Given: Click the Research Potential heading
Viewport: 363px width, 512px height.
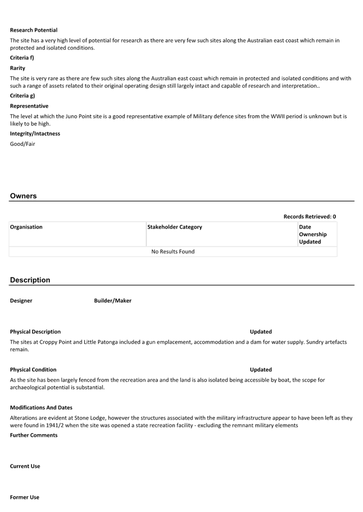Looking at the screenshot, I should click(34, 30).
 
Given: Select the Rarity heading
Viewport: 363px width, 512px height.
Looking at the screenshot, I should click(17, 68).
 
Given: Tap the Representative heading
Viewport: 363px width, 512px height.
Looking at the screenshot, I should click(29, 106).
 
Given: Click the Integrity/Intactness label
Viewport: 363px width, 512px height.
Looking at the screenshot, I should click(35, 134).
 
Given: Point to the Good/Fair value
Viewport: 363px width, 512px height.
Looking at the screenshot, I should click(22, 144).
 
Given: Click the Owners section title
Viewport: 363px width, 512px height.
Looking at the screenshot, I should click(23, 196).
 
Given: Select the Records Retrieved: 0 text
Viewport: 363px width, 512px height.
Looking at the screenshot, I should click(309, 217).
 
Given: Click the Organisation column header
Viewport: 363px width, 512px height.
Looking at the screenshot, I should click(26, 227).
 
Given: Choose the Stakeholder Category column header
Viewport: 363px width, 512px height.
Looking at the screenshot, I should click(174, 227).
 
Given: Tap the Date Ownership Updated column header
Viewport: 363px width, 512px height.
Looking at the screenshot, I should click(313, 234).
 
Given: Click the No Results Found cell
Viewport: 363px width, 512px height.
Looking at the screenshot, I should click(173, 251).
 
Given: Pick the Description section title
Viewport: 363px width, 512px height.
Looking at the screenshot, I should click(30, 280).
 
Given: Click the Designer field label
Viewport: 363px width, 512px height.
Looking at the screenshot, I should click(21, 301).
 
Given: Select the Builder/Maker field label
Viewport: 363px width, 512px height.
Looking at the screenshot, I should click(113, 301).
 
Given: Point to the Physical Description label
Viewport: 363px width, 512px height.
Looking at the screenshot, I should click(35, 332).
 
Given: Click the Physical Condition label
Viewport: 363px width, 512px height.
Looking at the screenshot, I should click(33, 370).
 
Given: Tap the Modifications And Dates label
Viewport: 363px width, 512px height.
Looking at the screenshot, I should click(41, 408).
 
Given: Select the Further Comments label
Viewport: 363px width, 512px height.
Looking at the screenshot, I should click(34, 435).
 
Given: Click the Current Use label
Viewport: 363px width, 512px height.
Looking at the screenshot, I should click(25, 466).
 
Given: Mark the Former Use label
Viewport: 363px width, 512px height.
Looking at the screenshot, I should click(25, 497).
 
